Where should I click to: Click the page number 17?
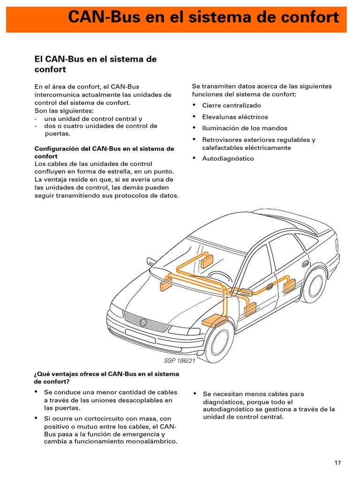(x=337, y=463)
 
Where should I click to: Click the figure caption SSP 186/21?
(x=179, y=360)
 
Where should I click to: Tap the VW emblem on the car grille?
(x=143, y=322)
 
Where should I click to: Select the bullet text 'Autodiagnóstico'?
(x=228, y=158)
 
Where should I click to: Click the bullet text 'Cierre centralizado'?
(x=232, y=105)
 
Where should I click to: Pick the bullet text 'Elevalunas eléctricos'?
(x=235, y=117)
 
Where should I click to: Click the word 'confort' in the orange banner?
(x=307, y=17)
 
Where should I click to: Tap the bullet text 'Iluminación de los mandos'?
(x=245, y=128)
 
